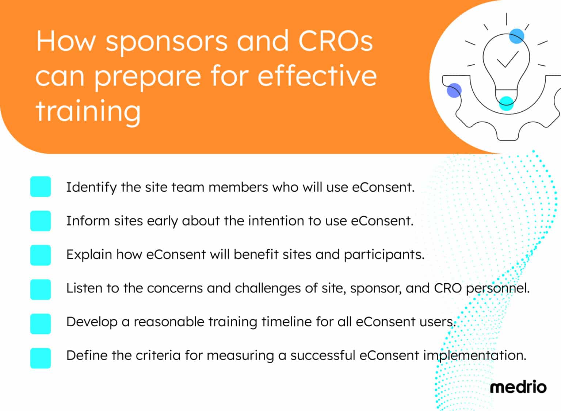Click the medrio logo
[x=518, y=387]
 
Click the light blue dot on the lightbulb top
[x=516, y=36]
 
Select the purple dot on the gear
[x=454, y=90]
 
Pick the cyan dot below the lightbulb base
[x=506, y=103]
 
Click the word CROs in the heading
[x=336, y=41]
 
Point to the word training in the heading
[x=88, y=111]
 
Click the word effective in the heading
[x=317, y=76]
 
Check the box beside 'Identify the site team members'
[x=41, y=187]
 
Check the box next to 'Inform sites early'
[x=41, y=221]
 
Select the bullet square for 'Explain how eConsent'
[x=41, y=255]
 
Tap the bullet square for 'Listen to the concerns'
[x=41, y=289]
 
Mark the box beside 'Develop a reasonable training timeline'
[x=41, y=323]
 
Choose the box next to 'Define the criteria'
[x=41, y=358]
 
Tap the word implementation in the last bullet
[x=474, y=356]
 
